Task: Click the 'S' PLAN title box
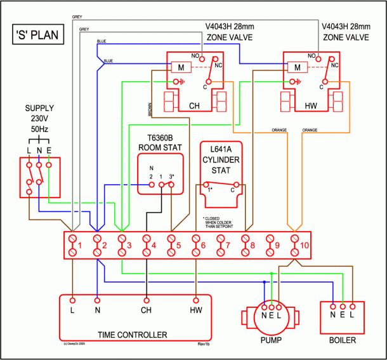click(37, 34)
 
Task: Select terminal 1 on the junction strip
click(74, 245)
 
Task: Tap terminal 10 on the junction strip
click(294, 245)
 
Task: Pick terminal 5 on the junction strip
click(171, 245)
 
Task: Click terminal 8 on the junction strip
click(246, 245)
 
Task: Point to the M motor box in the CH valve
click(181, 67)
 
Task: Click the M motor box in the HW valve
click(295, 67)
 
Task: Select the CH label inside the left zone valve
click(195, 105)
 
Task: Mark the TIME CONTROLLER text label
click(133, 335)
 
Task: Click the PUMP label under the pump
click(271, 340)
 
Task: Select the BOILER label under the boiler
click(343, 340)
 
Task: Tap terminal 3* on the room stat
click(171, 185)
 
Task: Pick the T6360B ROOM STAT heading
click(160, 143)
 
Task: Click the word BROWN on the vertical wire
click(150, 110)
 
